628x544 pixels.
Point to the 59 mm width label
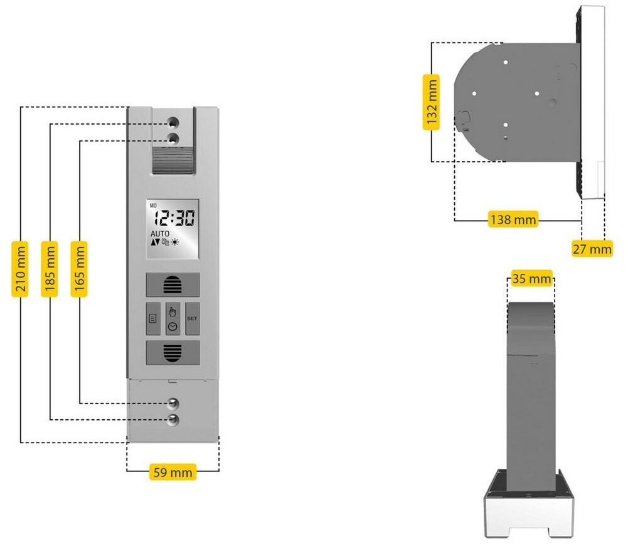173,471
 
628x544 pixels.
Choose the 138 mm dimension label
513,220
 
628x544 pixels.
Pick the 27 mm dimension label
592,249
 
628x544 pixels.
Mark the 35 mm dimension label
531,278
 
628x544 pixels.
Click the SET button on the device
192,318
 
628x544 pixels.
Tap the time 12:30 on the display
174,219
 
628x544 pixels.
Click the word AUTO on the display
159,234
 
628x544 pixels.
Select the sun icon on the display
175,242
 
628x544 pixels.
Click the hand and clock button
173,318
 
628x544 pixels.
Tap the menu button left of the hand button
152,318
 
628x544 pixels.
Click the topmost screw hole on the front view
173,120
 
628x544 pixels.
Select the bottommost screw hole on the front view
173,419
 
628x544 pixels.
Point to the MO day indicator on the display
152,205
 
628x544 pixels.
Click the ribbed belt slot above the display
173,159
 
